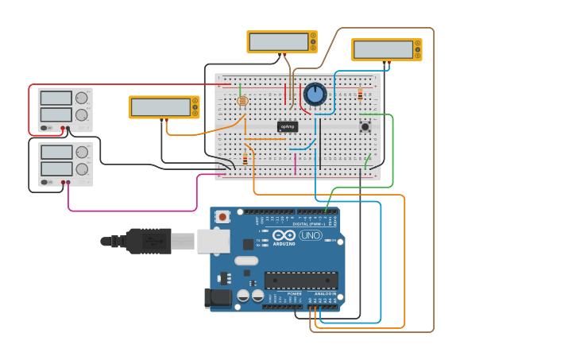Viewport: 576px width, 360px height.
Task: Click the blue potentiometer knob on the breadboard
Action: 315,95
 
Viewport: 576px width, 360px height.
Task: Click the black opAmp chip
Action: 288,126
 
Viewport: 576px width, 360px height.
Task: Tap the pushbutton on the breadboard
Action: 365,126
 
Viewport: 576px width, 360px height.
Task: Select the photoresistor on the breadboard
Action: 242,101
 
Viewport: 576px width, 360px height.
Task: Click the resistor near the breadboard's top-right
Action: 360,95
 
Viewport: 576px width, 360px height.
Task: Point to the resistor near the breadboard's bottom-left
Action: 245,159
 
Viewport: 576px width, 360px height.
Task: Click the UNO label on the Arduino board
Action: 310,235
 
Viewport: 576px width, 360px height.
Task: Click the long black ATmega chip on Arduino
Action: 301,280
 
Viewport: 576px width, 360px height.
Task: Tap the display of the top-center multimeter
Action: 278,41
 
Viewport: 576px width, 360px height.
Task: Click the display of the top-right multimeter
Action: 383,49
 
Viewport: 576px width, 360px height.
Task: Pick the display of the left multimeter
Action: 160,106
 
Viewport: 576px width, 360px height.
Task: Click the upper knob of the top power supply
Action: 81,98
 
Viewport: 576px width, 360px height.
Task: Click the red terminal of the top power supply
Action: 63,128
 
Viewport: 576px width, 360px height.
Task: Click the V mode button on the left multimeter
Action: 195,107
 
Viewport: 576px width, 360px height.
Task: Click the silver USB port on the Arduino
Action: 213,241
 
